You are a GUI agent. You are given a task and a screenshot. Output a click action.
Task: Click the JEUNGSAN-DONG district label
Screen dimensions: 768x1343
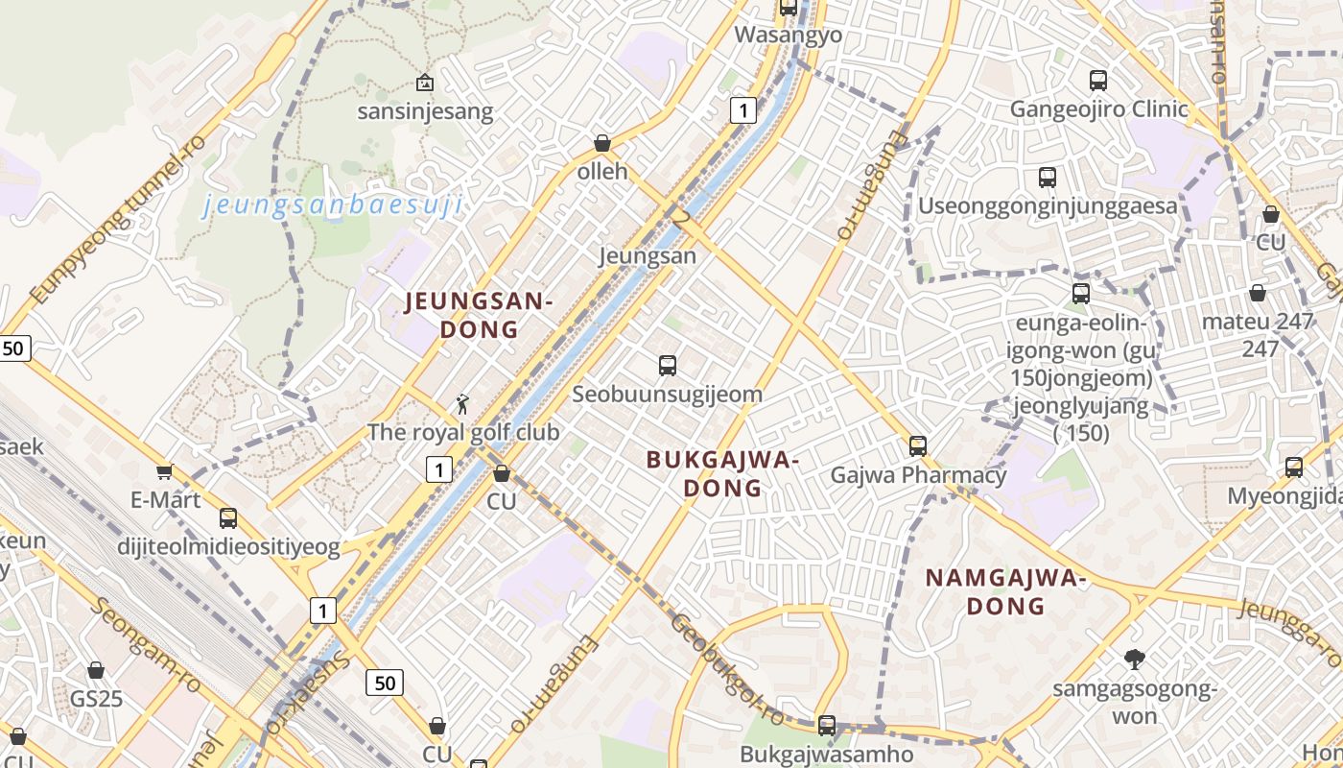(479, 315)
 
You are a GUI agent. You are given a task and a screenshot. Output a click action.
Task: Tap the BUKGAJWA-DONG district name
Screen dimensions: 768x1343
(722, 473)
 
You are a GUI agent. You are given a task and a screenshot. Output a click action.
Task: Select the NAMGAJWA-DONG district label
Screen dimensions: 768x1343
(1004, 591)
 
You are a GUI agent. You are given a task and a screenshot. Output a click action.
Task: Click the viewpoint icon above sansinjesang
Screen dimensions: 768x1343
(424, 83)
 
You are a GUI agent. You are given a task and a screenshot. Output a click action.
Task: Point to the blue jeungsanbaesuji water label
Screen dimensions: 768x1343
(333, 204)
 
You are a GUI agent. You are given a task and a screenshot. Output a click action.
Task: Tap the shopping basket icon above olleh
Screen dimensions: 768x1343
(602, 143)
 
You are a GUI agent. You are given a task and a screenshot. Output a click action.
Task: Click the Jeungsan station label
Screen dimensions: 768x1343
(648, 256)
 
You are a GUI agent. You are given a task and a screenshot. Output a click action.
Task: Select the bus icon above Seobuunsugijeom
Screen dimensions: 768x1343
(668, 365)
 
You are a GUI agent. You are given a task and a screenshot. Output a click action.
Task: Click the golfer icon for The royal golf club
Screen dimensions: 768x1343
(462, 404)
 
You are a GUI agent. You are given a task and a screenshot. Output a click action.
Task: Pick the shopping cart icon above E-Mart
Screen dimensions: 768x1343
(164, 471)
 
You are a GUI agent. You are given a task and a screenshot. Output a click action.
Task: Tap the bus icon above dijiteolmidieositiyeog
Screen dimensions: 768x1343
(228, 518)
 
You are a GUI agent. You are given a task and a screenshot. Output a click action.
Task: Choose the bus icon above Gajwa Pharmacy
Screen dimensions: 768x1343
(918, 445)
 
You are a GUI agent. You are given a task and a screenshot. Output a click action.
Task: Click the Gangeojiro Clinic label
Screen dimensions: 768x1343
(1098, 108)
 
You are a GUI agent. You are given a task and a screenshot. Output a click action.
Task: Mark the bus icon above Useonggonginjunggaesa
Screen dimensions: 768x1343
(1048, 178)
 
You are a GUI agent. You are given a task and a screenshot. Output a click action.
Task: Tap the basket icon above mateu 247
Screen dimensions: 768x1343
(1257, 293)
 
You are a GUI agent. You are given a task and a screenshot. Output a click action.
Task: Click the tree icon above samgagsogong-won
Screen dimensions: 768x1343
(1134, 659)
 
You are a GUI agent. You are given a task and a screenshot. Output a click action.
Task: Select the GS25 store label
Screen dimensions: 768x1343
(96, 698)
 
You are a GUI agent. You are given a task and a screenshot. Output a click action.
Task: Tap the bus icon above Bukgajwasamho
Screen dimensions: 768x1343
(827, 726)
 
